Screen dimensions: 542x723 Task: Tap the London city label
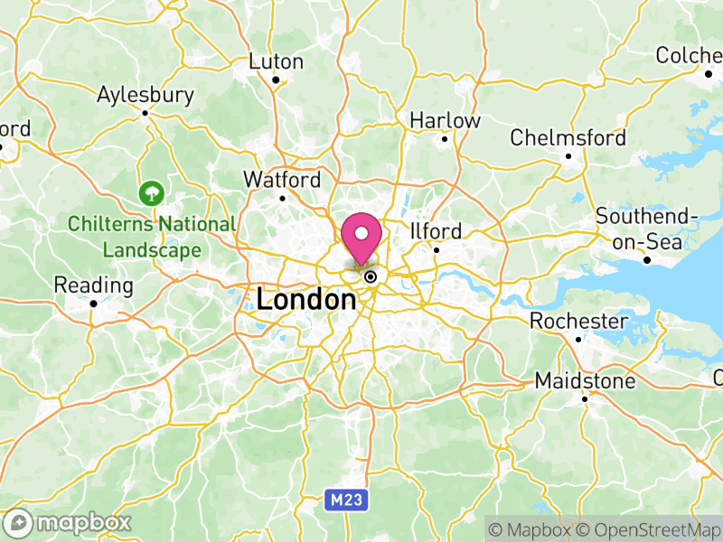305,299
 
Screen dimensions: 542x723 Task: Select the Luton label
276,62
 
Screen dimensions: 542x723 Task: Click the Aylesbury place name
146,95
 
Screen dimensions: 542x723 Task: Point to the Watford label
282,180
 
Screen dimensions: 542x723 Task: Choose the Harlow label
445,120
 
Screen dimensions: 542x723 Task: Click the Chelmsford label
568,138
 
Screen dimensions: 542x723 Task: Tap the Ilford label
436,231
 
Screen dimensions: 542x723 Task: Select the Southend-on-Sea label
647,229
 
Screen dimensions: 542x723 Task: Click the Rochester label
578,322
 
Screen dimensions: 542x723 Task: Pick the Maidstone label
585,381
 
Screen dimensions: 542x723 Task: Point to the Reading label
93,285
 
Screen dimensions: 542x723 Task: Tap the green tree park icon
150,192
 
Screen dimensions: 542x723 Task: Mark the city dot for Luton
276,79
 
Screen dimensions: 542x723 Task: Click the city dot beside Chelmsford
568,155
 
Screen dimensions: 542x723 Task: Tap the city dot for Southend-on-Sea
647,261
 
